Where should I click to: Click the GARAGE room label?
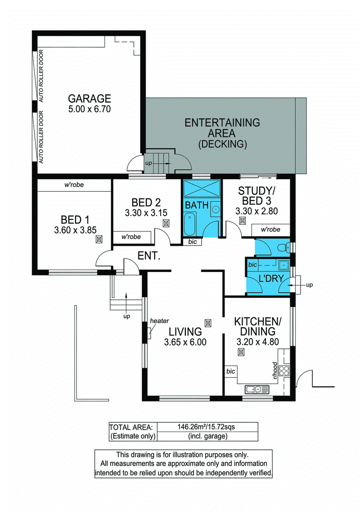[x=90, y=98]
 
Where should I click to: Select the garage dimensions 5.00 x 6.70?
[x=90, y=109]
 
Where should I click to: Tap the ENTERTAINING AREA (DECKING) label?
[x=222, y=133]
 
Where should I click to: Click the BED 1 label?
[x=75, y=220]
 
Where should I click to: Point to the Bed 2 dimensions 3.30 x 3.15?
[x=146, y=213]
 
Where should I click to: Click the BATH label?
[x=197, y=205]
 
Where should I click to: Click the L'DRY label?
[x=271, y=279]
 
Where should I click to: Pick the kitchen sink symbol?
[x=257, y=389]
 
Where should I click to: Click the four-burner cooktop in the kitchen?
[x=284, y=371]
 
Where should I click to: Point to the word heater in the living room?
[x=159, y=321]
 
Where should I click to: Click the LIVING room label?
[x=185, y=332]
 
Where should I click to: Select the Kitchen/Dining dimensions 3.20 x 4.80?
[x=257, y=342]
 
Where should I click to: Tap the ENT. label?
[x=149, y=256]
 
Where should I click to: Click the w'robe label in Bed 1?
[x=74, y=185]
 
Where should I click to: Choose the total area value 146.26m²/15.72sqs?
[x=206, y=427]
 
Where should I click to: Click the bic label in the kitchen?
[x=230, y=371]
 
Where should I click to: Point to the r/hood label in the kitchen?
[x=275, y=370]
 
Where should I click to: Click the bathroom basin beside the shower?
[x=216, y=209]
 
